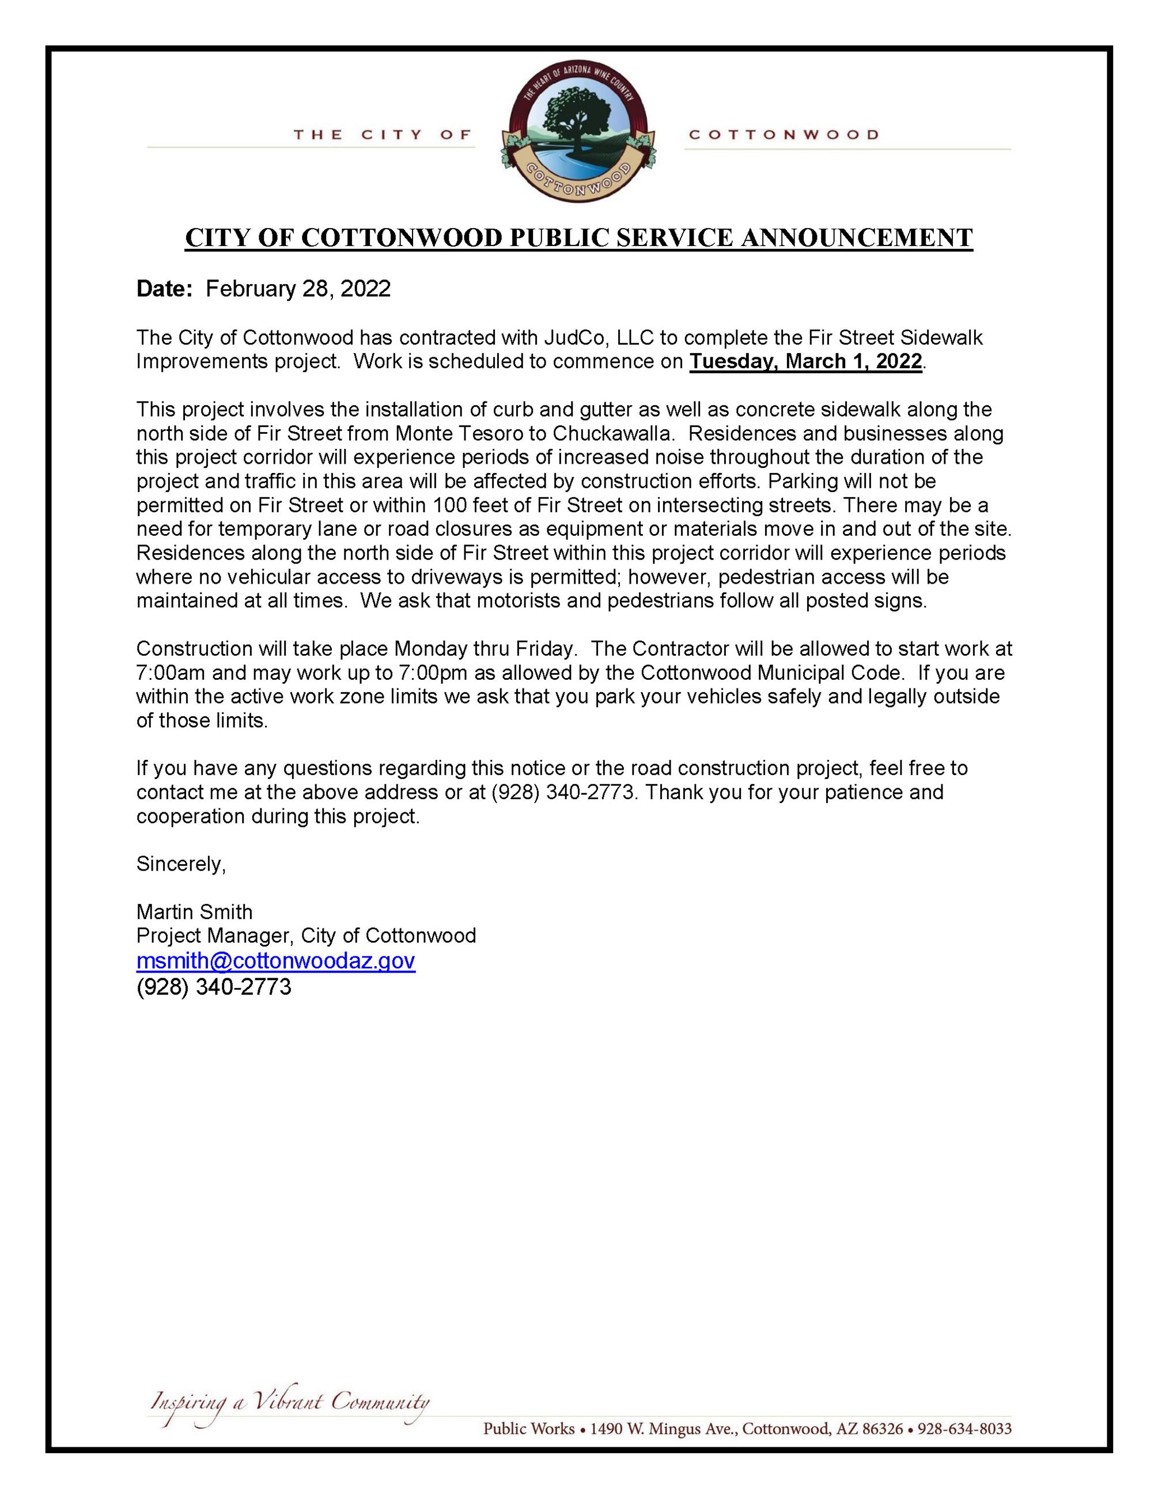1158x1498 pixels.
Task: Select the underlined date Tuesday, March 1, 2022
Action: pos(805,361)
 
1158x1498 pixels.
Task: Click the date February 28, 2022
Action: pos(298,289)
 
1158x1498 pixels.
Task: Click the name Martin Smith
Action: pos(194,911)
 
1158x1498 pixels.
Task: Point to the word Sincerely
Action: pos(180,864)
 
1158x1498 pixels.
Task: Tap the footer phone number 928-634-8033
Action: pos(964,1429)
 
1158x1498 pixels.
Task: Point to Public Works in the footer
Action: pos(529,1429)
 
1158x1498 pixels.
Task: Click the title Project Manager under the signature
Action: pos(213,936)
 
